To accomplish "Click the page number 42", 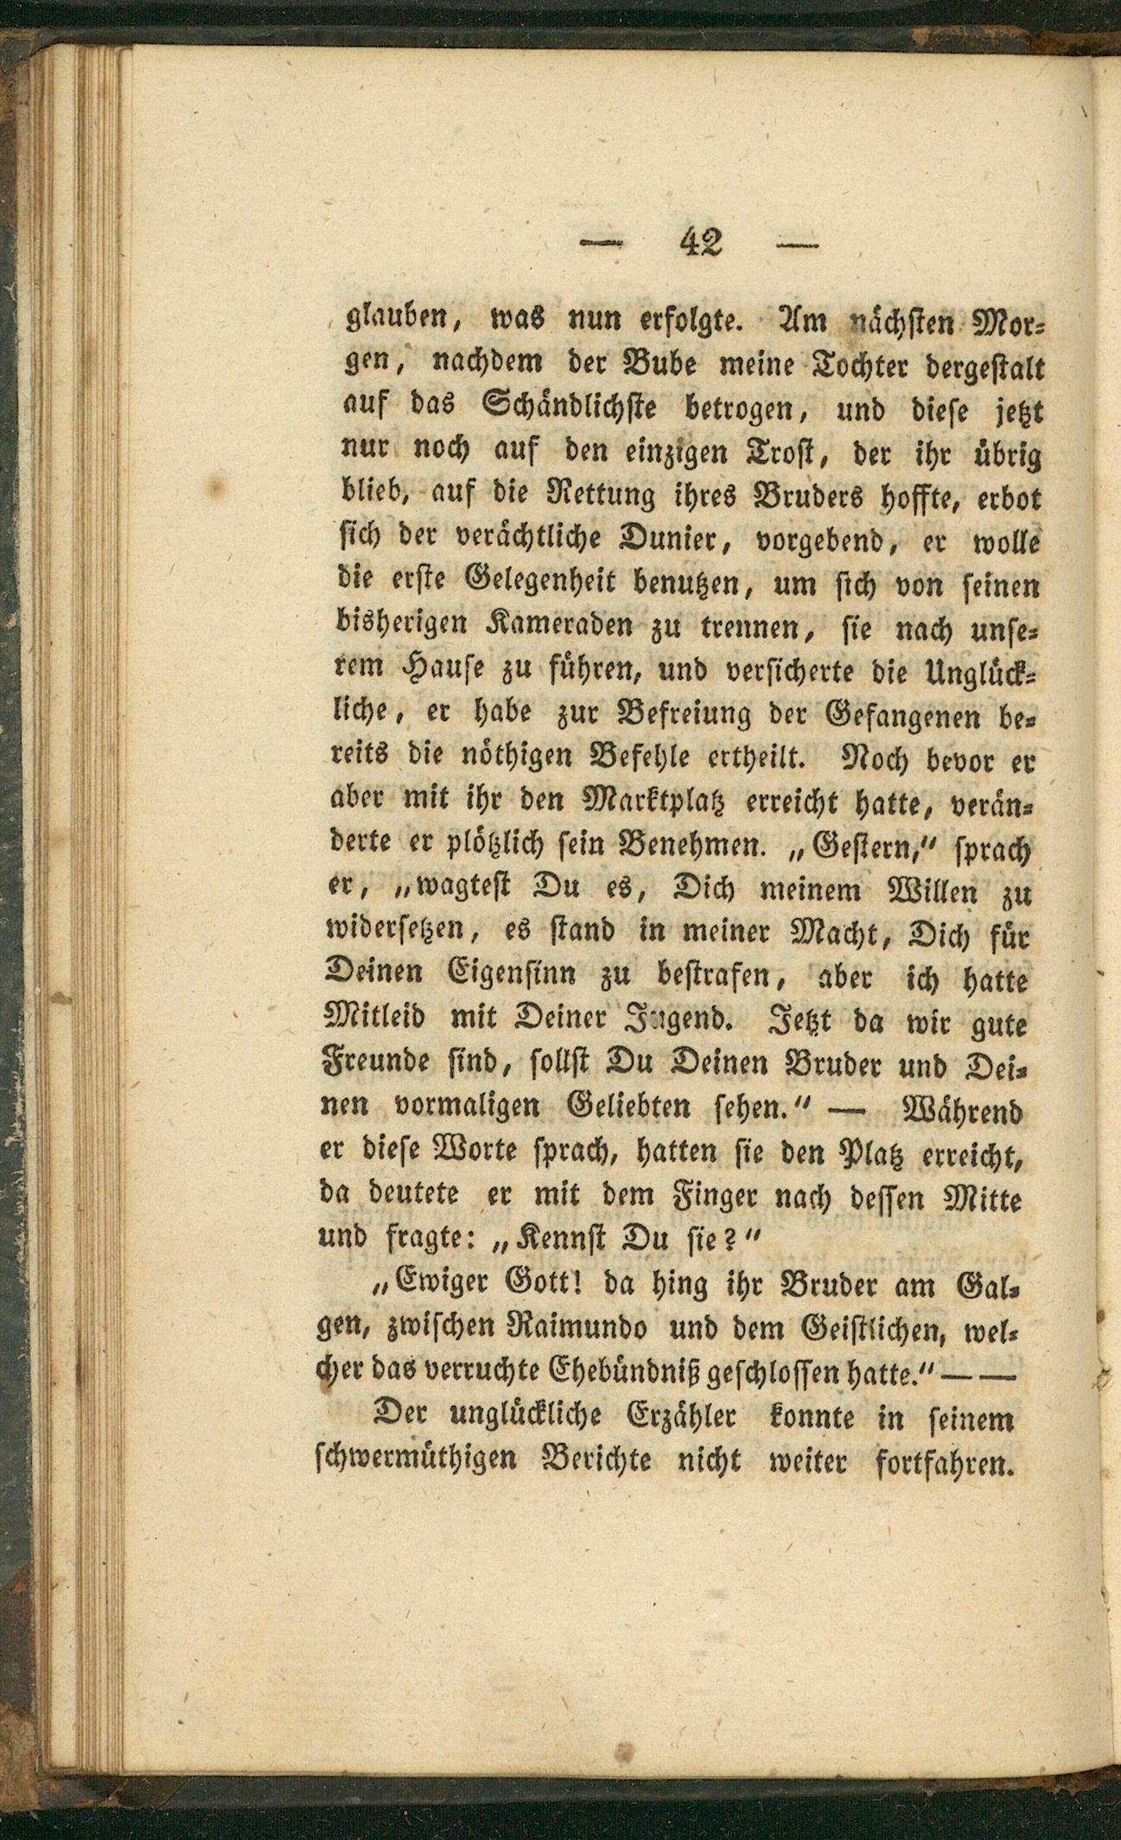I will click(701, 243).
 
